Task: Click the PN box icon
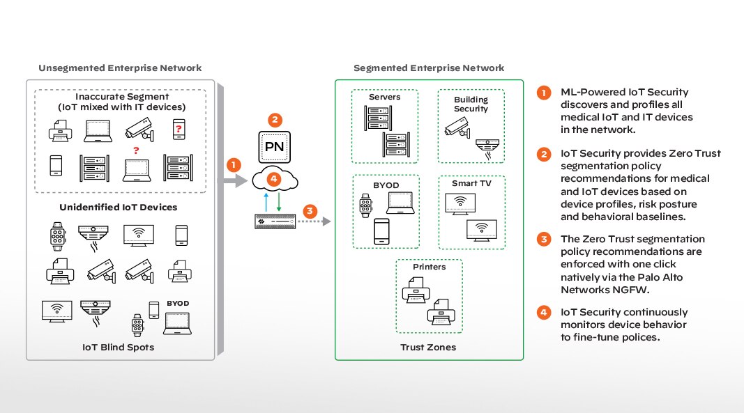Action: [275, 146]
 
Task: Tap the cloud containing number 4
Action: [275, 180]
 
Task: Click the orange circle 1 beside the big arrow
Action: [234, 165]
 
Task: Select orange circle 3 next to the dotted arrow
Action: [312, 209]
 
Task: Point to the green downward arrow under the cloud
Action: [280, 203]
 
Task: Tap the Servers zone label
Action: [384, 97]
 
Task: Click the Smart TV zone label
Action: [472, 183]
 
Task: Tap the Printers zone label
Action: [429, 267]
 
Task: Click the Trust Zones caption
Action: [428, 346]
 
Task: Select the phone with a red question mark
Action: [179, 128]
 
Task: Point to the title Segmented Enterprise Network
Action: [428, 68]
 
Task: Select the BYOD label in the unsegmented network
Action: [178, 304]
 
